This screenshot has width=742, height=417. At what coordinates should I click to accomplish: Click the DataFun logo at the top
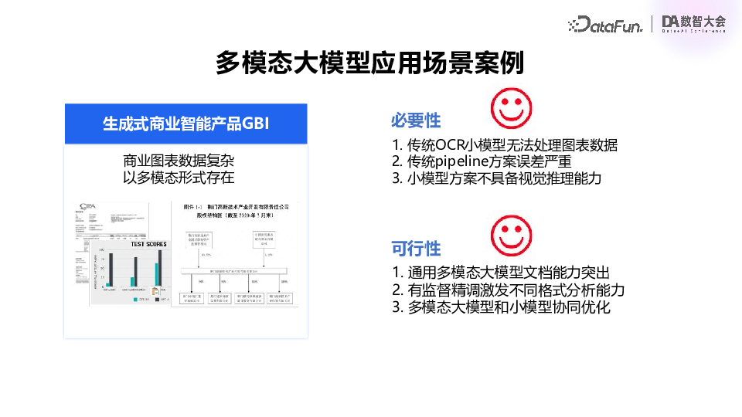[605, 24]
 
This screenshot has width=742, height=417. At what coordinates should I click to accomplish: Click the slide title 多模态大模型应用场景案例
[370, 63]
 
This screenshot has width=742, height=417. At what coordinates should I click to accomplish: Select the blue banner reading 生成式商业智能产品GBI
[185, 124]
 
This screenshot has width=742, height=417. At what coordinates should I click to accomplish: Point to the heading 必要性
[416, 120]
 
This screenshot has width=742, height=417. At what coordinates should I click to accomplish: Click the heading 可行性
[416, 248]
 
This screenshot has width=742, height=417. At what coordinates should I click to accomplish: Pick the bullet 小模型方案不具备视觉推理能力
[496, 178]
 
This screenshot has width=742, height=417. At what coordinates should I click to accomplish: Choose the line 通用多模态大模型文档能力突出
[501, 273]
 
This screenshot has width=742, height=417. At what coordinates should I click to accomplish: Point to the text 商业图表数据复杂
[179, 161]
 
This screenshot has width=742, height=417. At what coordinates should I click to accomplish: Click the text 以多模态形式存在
[179, 178]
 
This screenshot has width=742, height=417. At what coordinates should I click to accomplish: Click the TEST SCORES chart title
[148, 244]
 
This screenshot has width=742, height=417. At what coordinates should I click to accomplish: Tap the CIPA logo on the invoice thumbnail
[88, 207]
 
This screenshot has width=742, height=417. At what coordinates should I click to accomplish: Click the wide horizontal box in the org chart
[233, 271]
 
